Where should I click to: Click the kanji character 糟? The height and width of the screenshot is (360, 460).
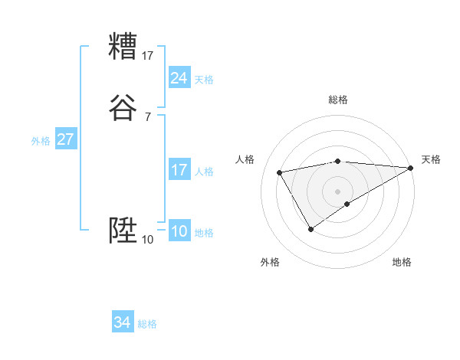pyautogui.click(x=123, y=47)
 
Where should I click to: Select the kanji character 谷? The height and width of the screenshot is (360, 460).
pyautogui.click(x=123, y=108)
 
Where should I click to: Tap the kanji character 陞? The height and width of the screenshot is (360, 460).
pyautogui.click(x=123, y=231)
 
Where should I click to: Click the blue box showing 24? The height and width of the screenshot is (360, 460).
pyautogui.click(x=179, y=78)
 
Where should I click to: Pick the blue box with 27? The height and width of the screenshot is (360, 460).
pyautogui.click(x=65, y=140)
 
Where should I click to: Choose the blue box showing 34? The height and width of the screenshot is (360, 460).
pyautogui.click(x=122, y=322)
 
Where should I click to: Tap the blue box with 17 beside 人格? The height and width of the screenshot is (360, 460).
pyautogui.click(x=179, y=170)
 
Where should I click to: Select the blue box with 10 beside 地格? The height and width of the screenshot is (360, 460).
pyautogui.click(x=179, y=231)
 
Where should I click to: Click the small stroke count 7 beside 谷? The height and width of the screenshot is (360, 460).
pyautogui.click(x=147, y=117)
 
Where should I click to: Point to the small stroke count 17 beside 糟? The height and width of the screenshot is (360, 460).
pyautogui.click(x=148, y=55)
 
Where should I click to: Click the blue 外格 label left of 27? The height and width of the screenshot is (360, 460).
pyautogui.click(x=41, y=141)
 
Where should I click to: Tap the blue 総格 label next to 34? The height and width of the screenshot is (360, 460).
pyautogui.click(x=147, y=324)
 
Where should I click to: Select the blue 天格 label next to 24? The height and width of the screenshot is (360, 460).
pyautogui.click(x=204, y=80)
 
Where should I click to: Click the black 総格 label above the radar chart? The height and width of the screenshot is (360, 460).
pyautogui.click(x=338, y=100)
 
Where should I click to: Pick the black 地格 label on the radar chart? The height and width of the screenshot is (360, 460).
pyautogui.click(x=402, y=262)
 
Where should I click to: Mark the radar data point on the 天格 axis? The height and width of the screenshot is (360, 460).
pyautogui.click(x=411, y=168)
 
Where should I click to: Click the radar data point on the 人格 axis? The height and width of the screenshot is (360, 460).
pyautogui.click(x=280, y=172)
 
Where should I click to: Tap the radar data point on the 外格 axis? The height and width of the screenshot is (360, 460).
pyautogui.click(x=310, y=228)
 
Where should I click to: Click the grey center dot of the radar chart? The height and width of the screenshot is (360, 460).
pyautogui.click(x=338, y=191)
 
